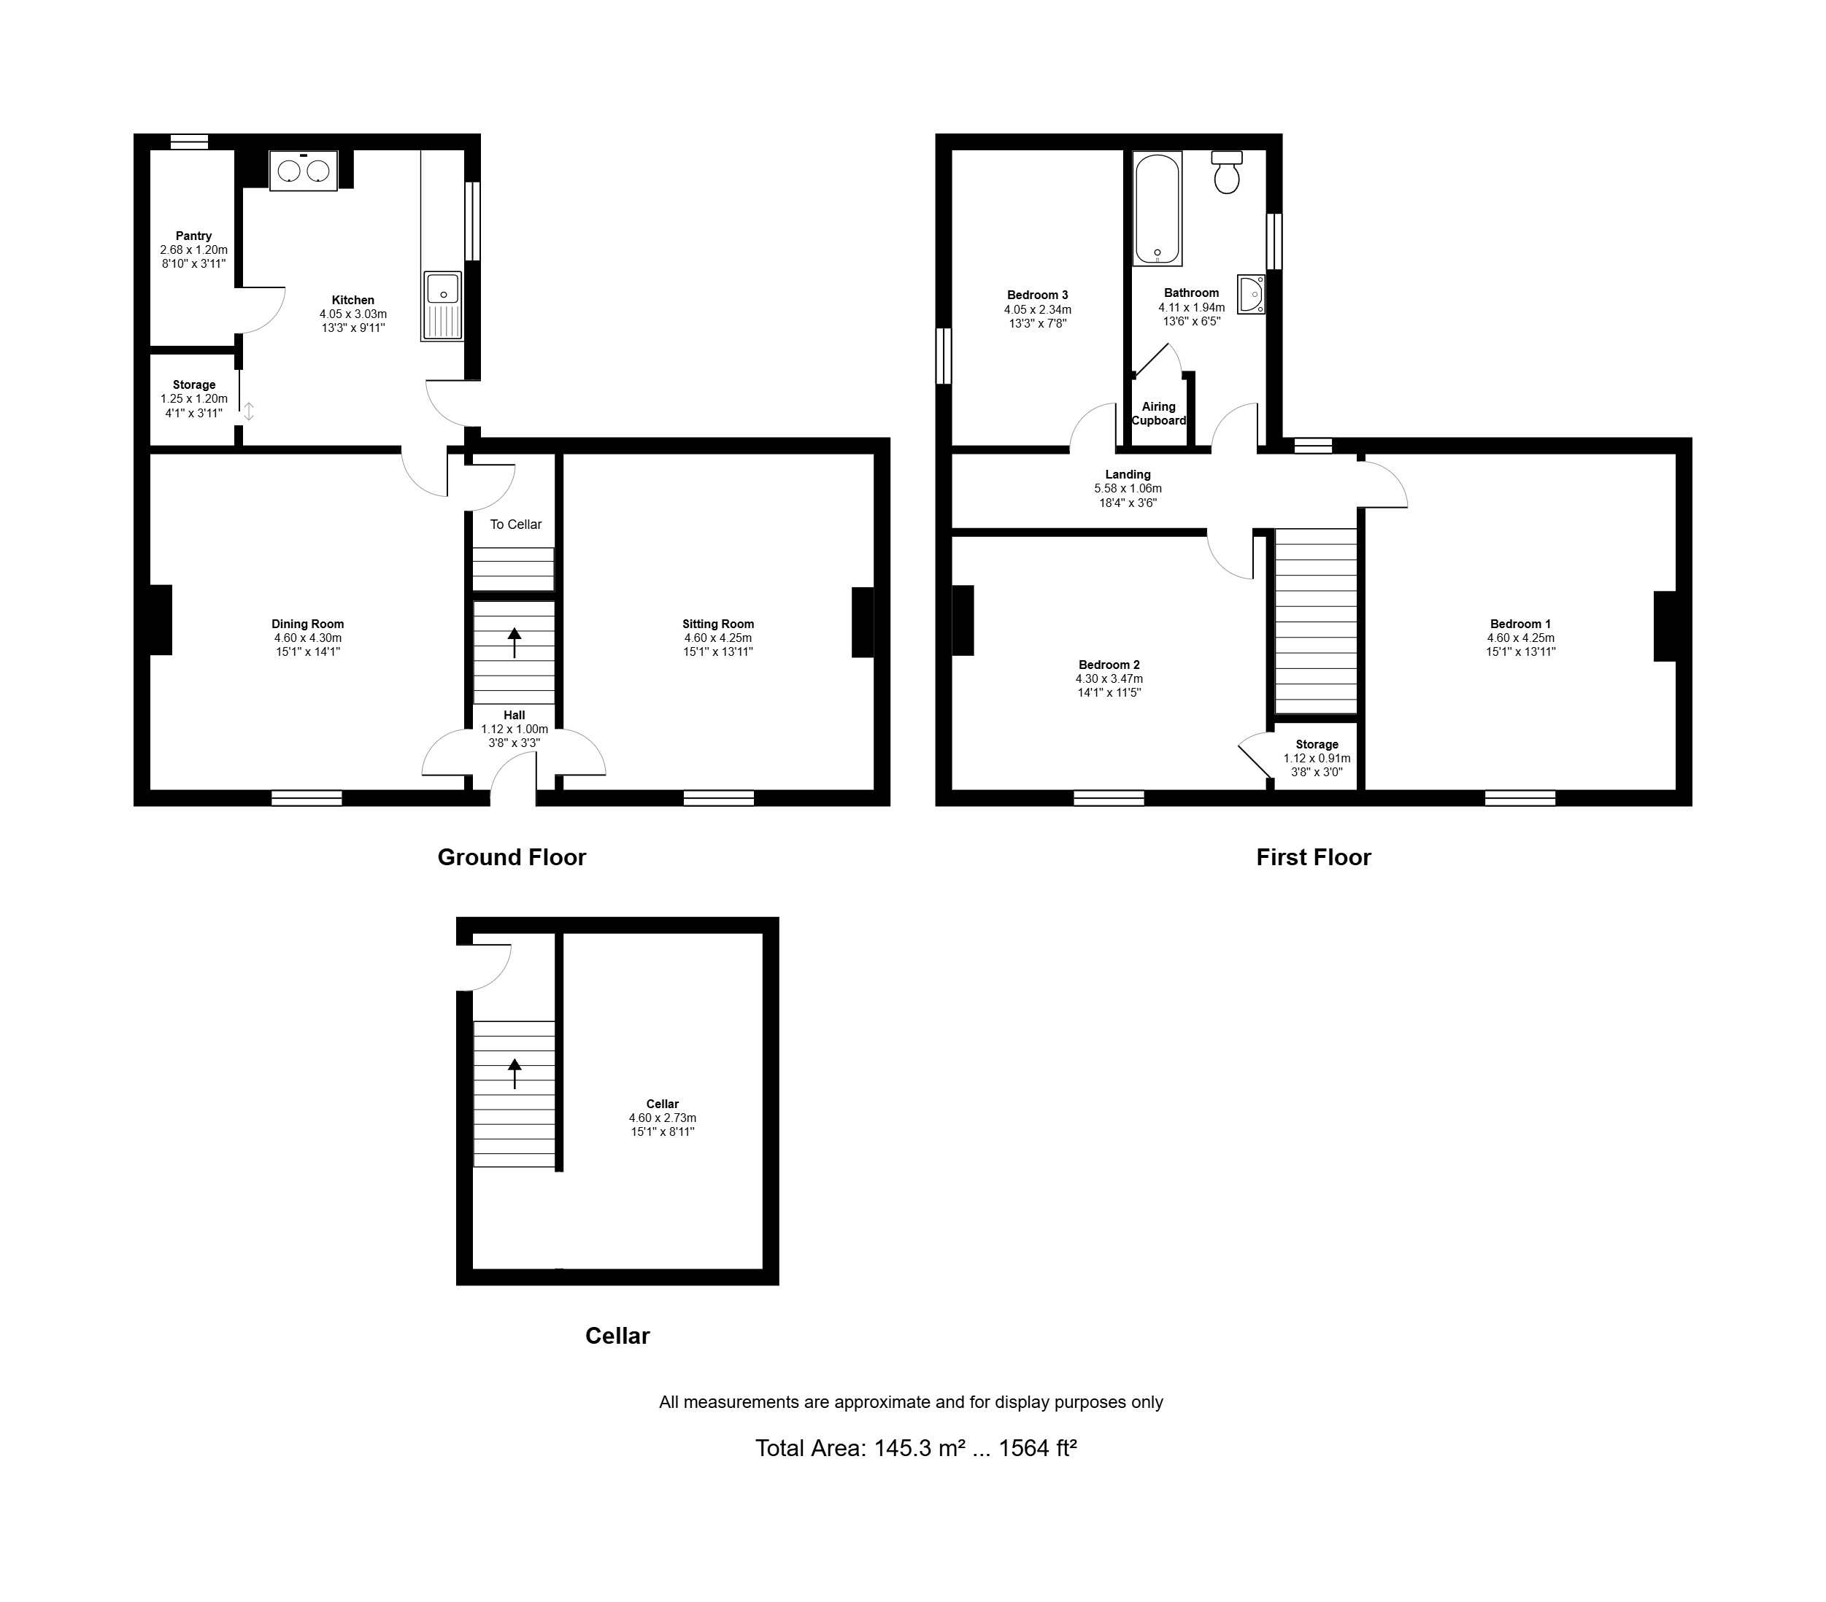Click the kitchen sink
click(442, 306)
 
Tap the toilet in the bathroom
click(1227, 171)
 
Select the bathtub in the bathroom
click(1157, 207)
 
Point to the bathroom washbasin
click(1251, 294)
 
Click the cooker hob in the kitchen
click(304, 170)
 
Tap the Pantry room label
click(194, 236)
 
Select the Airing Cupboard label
click(1159, 414)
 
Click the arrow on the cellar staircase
click(515, 1073)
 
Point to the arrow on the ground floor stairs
click(515, 643)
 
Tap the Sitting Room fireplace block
click(862, 622)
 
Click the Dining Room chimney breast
click(161, 620)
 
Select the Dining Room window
click(307, 798)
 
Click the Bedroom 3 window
click(944, 355)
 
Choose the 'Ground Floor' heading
click(512, 857)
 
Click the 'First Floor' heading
click(1313, 857)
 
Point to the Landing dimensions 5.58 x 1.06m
click(1128, 489)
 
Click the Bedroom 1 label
click(1520, 624)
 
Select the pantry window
click(190, 141)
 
